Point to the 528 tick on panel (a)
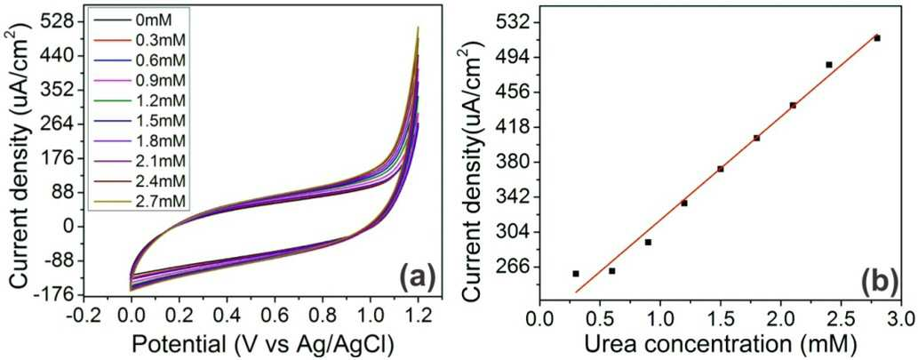(61, 21)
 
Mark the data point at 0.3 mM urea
(576, 274)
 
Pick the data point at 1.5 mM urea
(720, 169)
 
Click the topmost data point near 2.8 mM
(877, 38)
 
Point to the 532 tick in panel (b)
(514, 22)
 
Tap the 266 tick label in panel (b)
(514, 267)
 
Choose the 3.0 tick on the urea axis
(901, 320)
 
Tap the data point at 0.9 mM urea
(648, 242)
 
